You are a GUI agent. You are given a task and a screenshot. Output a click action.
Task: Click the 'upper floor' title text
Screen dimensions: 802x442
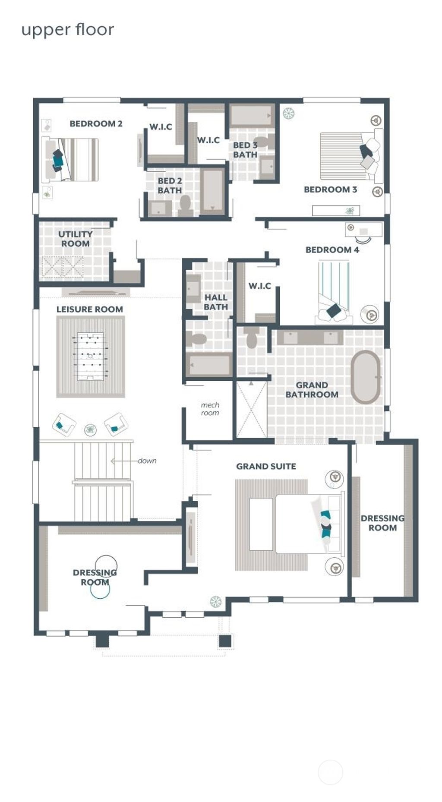pyautogui.click(x=68, y=30)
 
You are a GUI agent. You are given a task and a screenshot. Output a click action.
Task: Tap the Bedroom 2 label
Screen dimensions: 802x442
pyautogui.click(x=96, y=124)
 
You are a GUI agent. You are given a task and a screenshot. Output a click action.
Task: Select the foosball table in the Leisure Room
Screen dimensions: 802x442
pyautogui.click(x=90, y=356)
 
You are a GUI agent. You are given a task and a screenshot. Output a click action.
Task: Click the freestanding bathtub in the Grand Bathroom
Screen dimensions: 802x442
pyautogui.click(x=366, y=377)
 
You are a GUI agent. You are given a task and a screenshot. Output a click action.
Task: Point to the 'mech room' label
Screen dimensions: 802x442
pyautogui.click(x=210, y=409)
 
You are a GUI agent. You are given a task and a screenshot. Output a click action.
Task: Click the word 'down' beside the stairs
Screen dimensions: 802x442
pyautogui.click(x=147, y=461)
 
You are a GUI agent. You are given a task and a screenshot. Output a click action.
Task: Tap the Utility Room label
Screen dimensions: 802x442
pyautogui.click(x=76, y=239)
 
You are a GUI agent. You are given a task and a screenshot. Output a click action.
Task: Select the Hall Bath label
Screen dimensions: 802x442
pyautogui.click(x=215, y=302)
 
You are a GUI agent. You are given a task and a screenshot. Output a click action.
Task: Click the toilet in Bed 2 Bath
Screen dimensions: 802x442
pyautogui.click(x=186, y=207)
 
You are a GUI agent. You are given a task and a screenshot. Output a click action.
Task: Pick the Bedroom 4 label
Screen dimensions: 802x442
pyautogui.click(x=332, y=250)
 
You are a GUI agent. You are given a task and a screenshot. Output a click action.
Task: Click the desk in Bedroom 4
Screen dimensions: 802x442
pyautogui.click(x=363, y=230)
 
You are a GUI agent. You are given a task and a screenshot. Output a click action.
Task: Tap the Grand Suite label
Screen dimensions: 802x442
pyautogui.click(x=266, y=467)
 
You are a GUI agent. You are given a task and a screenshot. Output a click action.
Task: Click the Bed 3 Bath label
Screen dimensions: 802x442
pyautogui.click(x=245, y=150)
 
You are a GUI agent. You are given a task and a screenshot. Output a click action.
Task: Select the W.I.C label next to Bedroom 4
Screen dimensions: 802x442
pyautogui.click(x=259, y=286)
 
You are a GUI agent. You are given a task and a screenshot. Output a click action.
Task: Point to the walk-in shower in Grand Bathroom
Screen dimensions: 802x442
pyautogui.click(x=251, y=409)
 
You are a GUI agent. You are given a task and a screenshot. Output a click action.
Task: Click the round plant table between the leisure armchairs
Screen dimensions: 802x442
pyautogui.click(x=90, y=429)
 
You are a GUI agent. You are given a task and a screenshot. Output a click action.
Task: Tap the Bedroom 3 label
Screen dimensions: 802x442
pyautogui.click(x=330, y=189)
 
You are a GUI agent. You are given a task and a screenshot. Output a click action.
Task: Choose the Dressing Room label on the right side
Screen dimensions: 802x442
pyautogui.click(x=382, y=523)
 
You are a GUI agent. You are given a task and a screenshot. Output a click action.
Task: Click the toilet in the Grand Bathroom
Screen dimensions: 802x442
pyautogui.click(x=252, y=338)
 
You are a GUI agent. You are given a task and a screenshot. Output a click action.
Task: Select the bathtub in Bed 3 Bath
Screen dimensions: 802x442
pyautogui.click(x=251, y=115)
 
